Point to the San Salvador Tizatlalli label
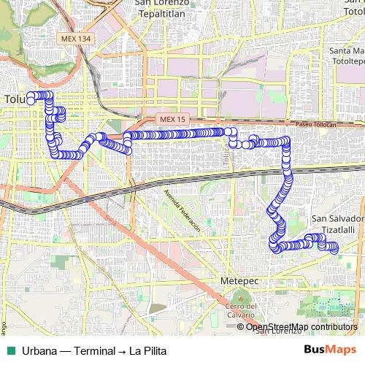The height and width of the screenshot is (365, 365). pos(337,223)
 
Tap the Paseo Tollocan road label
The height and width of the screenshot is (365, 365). pos(315,125)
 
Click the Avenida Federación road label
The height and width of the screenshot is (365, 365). pos(182,210)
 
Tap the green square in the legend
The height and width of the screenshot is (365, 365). pos(10,350)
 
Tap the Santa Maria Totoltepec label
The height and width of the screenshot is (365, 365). pos(346,55)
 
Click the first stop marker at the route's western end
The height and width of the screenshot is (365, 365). pos(31,101)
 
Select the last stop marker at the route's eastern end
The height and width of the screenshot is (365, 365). pos(335,248)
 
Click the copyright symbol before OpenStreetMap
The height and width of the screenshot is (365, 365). pos(241,326)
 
